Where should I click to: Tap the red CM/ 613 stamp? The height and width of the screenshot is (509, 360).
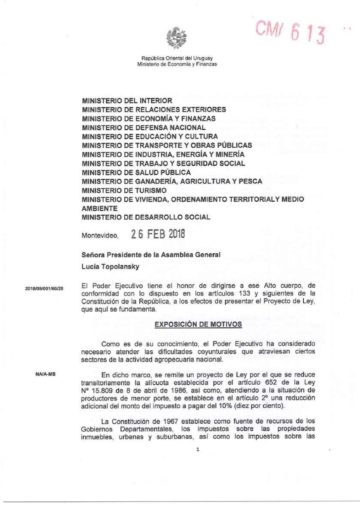click(x=291, y=32)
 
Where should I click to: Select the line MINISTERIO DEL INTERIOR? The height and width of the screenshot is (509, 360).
click(x=127, y=101)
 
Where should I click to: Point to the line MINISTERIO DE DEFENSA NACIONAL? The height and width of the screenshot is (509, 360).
click(x=144, y=127)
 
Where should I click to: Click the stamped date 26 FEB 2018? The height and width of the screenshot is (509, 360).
click(x=158, y=235)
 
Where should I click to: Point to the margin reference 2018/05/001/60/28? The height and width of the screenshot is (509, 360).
click(x=45, y=288)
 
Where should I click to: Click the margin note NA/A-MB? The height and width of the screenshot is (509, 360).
click(x=45, y=374)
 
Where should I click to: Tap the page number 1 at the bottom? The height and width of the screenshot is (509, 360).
click(x=198, y=449)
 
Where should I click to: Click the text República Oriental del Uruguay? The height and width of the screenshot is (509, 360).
click(x=177, y=58)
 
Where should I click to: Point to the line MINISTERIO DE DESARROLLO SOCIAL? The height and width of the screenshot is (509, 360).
click(x=146, y=217)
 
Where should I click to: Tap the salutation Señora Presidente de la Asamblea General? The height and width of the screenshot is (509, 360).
click(x=151, y=255)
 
